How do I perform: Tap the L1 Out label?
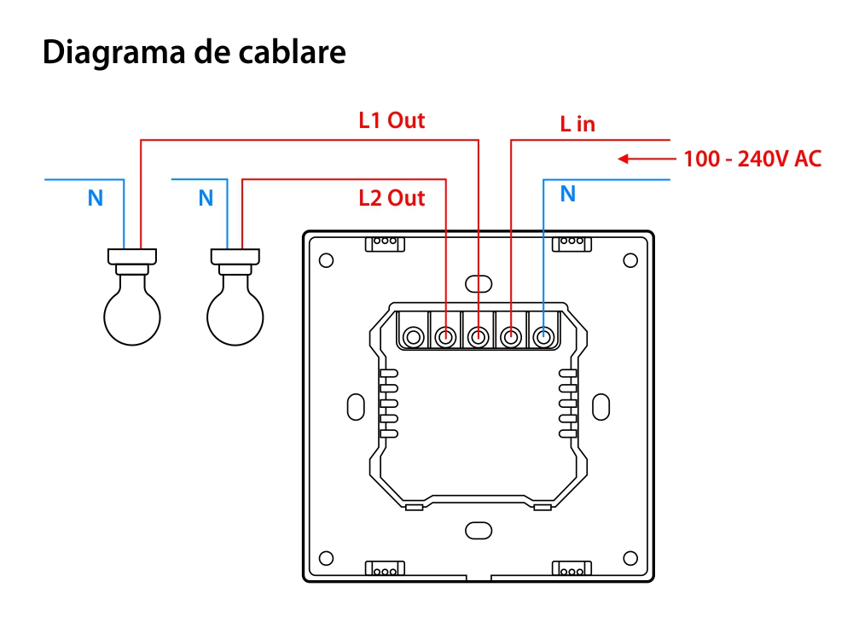point(392,120)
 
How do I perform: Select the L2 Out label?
point(392,199)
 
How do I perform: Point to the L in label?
point(577,125)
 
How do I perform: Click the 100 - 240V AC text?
point(753,159)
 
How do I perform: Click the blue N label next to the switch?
point(568,195)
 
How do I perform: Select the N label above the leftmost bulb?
point(96,199)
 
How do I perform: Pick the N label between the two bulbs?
point(206,199)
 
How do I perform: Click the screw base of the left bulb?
point(132,255)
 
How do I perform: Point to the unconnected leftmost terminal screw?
point(413,338)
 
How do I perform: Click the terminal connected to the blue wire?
point(543,338)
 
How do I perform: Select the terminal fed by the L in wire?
point(511,338)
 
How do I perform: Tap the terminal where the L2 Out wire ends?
point(445,338)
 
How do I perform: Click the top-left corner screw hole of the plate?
point(326,260)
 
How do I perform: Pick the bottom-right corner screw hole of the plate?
point(631,558)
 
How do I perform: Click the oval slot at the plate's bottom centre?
point(479,530)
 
